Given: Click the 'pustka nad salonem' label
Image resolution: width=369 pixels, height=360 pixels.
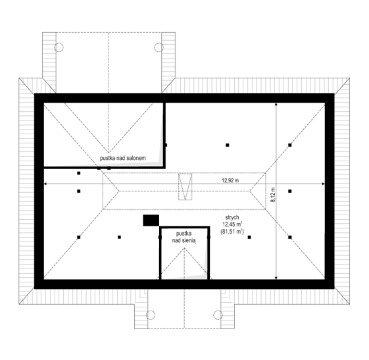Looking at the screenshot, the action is (x=123, y=158).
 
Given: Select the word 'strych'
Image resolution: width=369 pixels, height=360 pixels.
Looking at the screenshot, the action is (x=232, y=217).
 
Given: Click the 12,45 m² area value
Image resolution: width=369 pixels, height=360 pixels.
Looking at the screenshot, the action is (x=232, y=224).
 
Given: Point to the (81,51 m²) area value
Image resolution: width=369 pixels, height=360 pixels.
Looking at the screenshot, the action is (x=232, y=232).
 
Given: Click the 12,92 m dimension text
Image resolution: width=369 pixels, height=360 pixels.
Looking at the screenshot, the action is (x=230, y=180).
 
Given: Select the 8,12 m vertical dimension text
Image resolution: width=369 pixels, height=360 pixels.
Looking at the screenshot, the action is (x=273, y=195).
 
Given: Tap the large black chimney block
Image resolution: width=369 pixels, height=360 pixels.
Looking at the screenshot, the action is (x=151, y=220).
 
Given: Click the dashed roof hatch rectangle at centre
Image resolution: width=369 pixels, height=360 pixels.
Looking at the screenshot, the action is (x=185, y=187).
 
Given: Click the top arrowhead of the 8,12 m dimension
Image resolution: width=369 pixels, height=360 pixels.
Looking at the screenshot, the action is (x=276, y=105).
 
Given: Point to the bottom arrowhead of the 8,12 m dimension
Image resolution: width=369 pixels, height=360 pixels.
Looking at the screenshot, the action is (x=276, y=278).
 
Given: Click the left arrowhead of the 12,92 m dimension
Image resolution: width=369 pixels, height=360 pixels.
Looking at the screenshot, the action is (x=46, y=184).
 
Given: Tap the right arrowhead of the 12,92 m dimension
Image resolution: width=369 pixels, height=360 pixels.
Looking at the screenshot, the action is (x=323, y=184).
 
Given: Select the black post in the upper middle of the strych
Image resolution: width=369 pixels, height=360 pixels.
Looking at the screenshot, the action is (x=228, y=145).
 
